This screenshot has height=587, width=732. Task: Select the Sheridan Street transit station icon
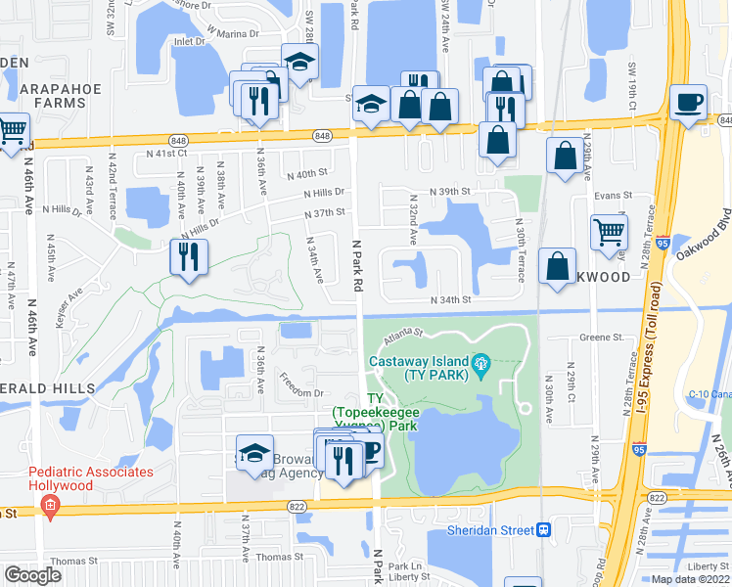(542, 529)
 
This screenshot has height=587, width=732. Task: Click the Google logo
(32, 575)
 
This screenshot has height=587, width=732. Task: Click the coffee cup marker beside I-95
(688, 101)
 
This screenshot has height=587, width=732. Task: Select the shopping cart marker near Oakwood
(609, 232)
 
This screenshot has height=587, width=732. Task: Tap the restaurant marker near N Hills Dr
(188, 256)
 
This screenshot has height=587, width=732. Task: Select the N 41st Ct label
(165, 154)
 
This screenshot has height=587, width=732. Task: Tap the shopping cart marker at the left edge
(12, 129)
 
